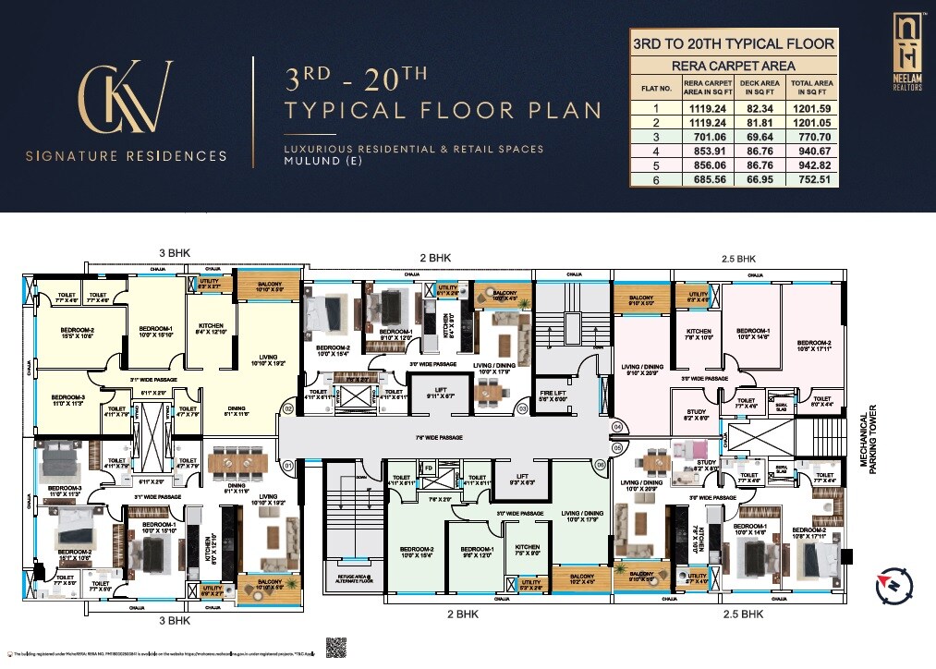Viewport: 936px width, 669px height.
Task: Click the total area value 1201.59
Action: [812, 107]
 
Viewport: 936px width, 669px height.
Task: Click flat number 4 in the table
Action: [656, 151]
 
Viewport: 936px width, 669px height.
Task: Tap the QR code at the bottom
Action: [336, 647]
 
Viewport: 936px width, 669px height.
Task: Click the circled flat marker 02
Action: [287, 408]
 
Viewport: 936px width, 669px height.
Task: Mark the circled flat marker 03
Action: [523, 407]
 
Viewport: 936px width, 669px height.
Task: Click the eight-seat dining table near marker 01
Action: [237, 460]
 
